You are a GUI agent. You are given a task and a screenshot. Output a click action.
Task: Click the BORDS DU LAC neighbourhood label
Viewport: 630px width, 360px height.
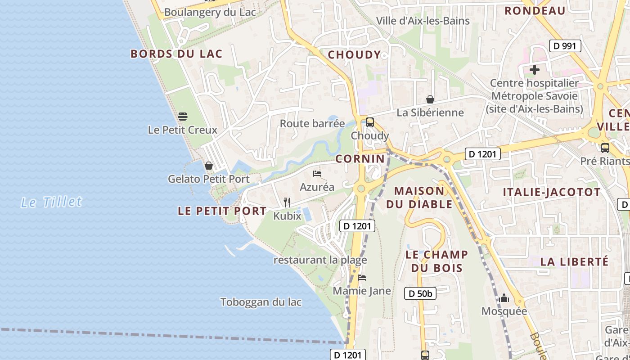tap(176, 54)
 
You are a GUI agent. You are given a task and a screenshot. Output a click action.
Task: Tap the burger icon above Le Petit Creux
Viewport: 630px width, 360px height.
tap(183, 117)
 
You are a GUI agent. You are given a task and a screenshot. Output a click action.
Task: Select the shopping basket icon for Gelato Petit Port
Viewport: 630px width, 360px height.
tap(208, 166)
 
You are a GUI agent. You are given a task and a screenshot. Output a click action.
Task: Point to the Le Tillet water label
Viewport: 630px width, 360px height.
tap(51, 202)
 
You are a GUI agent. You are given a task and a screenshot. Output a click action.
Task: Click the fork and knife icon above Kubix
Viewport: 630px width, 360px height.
tap(287, 202)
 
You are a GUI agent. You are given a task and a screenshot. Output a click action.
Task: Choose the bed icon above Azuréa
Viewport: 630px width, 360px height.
tap(317, 174)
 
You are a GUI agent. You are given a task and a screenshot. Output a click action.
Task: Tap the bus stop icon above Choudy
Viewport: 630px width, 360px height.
tap(370, 122)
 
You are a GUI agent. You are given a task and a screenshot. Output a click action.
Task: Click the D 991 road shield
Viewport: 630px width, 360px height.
tap(565, 45)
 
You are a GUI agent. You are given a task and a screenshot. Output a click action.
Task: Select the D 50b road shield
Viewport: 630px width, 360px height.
tap(420, 294)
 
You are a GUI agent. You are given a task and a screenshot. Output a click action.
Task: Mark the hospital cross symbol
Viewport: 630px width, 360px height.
tap(535, 70)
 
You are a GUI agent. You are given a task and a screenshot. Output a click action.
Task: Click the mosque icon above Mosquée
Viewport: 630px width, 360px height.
tap(504, 298)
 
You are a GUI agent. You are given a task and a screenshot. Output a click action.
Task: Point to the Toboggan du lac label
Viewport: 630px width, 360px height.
tap(261, 302)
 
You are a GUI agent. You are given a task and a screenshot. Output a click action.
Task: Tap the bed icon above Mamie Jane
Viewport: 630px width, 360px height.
tap(362, 278)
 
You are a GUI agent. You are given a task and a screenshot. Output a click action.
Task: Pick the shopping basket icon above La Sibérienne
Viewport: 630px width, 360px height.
tap(430, 99)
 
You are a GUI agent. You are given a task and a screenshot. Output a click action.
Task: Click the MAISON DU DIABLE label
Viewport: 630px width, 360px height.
tap(419, 198)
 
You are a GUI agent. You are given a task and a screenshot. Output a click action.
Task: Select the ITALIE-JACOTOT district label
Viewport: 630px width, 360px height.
tap(552, 192)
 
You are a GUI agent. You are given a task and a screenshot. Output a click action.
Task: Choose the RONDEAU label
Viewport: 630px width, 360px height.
tap(535, 11)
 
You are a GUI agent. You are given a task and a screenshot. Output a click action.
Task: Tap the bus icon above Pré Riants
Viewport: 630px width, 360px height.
tap(605, 148)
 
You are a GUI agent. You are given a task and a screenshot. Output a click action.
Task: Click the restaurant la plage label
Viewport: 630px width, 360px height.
tap(320, 260)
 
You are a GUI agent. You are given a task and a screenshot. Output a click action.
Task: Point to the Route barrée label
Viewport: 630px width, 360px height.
tap(312, 123)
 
